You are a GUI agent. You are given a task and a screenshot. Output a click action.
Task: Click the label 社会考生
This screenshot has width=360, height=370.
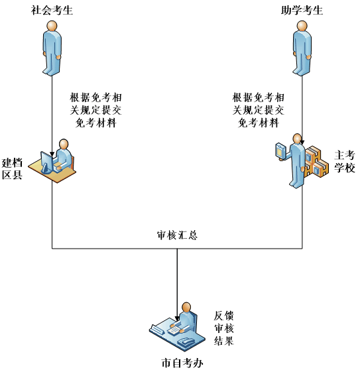[x=52, y=11]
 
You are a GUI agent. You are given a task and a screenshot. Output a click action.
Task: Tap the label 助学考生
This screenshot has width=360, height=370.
[x=302, y=11]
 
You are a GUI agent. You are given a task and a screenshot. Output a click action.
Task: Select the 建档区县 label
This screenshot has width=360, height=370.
[x=13, y=169]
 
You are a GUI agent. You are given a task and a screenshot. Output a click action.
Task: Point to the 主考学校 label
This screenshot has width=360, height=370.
[x=345, y=161]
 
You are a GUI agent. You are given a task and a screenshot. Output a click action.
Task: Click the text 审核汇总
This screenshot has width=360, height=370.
[x=177, y=235]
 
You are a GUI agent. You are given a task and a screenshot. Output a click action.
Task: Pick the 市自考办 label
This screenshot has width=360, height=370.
[x=182, y=363]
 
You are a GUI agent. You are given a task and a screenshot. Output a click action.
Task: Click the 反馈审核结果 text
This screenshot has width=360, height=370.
[x=224, y=328]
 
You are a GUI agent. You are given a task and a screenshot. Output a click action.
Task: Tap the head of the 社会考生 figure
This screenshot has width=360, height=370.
[x=52, y=26]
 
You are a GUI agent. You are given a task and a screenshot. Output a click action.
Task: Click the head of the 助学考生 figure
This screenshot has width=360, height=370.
[x=302, y=26]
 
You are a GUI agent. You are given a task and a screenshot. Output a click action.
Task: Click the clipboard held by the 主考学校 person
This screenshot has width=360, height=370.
[x=280, y=150]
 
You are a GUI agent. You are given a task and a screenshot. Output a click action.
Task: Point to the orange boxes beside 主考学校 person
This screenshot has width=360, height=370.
[x=316, y=162]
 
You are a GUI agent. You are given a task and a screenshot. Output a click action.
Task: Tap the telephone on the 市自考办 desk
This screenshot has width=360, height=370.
[x=186, y=341]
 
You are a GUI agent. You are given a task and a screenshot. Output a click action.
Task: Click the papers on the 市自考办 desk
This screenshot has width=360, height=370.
[x=175, y=329]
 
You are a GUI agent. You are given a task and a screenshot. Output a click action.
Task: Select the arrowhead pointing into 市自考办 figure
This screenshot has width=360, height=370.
[x=177, y=318]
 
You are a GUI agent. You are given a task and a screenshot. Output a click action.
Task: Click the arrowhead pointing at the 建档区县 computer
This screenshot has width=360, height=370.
[x=52, y=154]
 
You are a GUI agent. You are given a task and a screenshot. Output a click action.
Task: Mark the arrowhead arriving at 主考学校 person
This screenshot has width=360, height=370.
[x=302, y=143]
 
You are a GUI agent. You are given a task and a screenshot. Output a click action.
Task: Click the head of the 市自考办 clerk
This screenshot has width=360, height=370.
[x=186, y=308]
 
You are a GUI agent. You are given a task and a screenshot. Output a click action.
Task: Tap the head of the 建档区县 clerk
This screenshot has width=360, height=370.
[x=64, y=144]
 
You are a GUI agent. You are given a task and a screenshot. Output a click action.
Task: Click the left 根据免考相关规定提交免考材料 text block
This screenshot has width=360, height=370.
[x=95, y=110]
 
